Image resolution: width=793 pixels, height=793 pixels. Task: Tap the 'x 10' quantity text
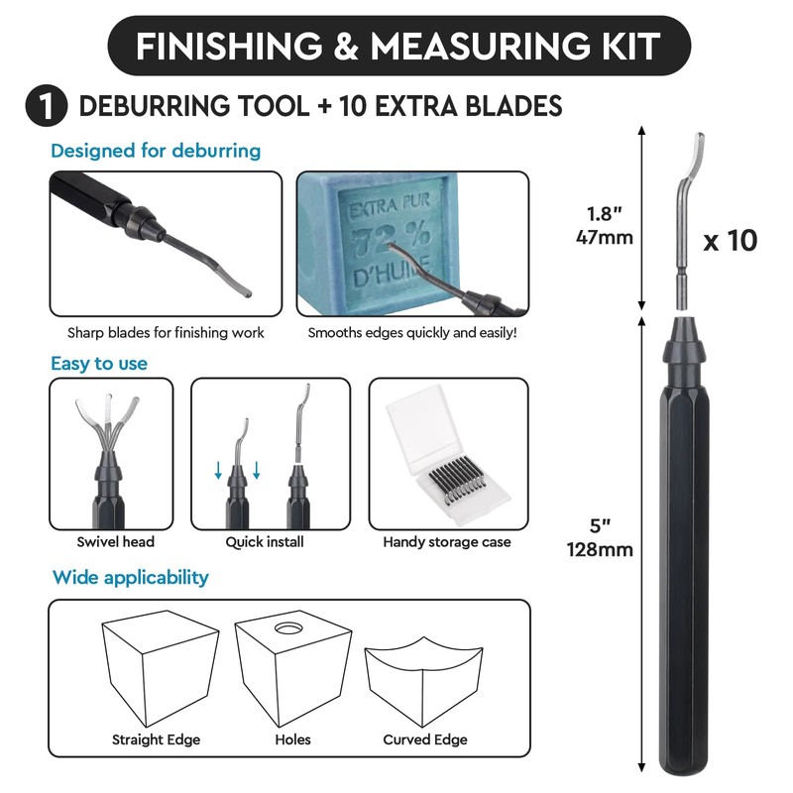click(730, 240)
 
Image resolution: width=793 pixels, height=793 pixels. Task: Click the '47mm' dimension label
click(604, 237)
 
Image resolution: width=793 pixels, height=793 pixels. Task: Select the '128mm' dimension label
click(599, 550)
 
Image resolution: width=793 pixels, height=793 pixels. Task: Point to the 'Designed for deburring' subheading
click(156, 151)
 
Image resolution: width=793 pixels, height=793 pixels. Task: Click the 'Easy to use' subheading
click(99, 364)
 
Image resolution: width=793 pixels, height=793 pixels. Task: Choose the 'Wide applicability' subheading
click(130, 577)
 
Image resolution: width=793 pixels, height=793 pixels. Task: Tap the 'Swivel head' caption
click(116, 542)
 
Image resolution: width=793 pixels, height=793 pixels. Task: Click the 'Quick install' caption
click(265, 542)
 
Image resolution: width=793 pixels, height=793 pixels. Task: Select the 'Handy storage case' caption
click(447, 542)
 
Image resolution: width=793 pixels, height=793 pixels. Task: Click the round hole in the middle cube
click(290, 628)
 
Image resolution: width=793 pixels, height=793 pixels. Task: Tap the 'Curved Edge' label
click(425, 739)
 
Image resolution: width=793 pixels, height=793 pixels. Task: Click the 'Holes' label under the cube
click(292, 739)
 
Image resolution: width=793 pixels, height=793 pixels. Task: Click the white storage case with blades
click(445, 456)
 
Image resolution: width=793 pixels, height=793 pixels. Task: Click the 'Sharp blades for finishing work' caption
click(166, 333)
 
